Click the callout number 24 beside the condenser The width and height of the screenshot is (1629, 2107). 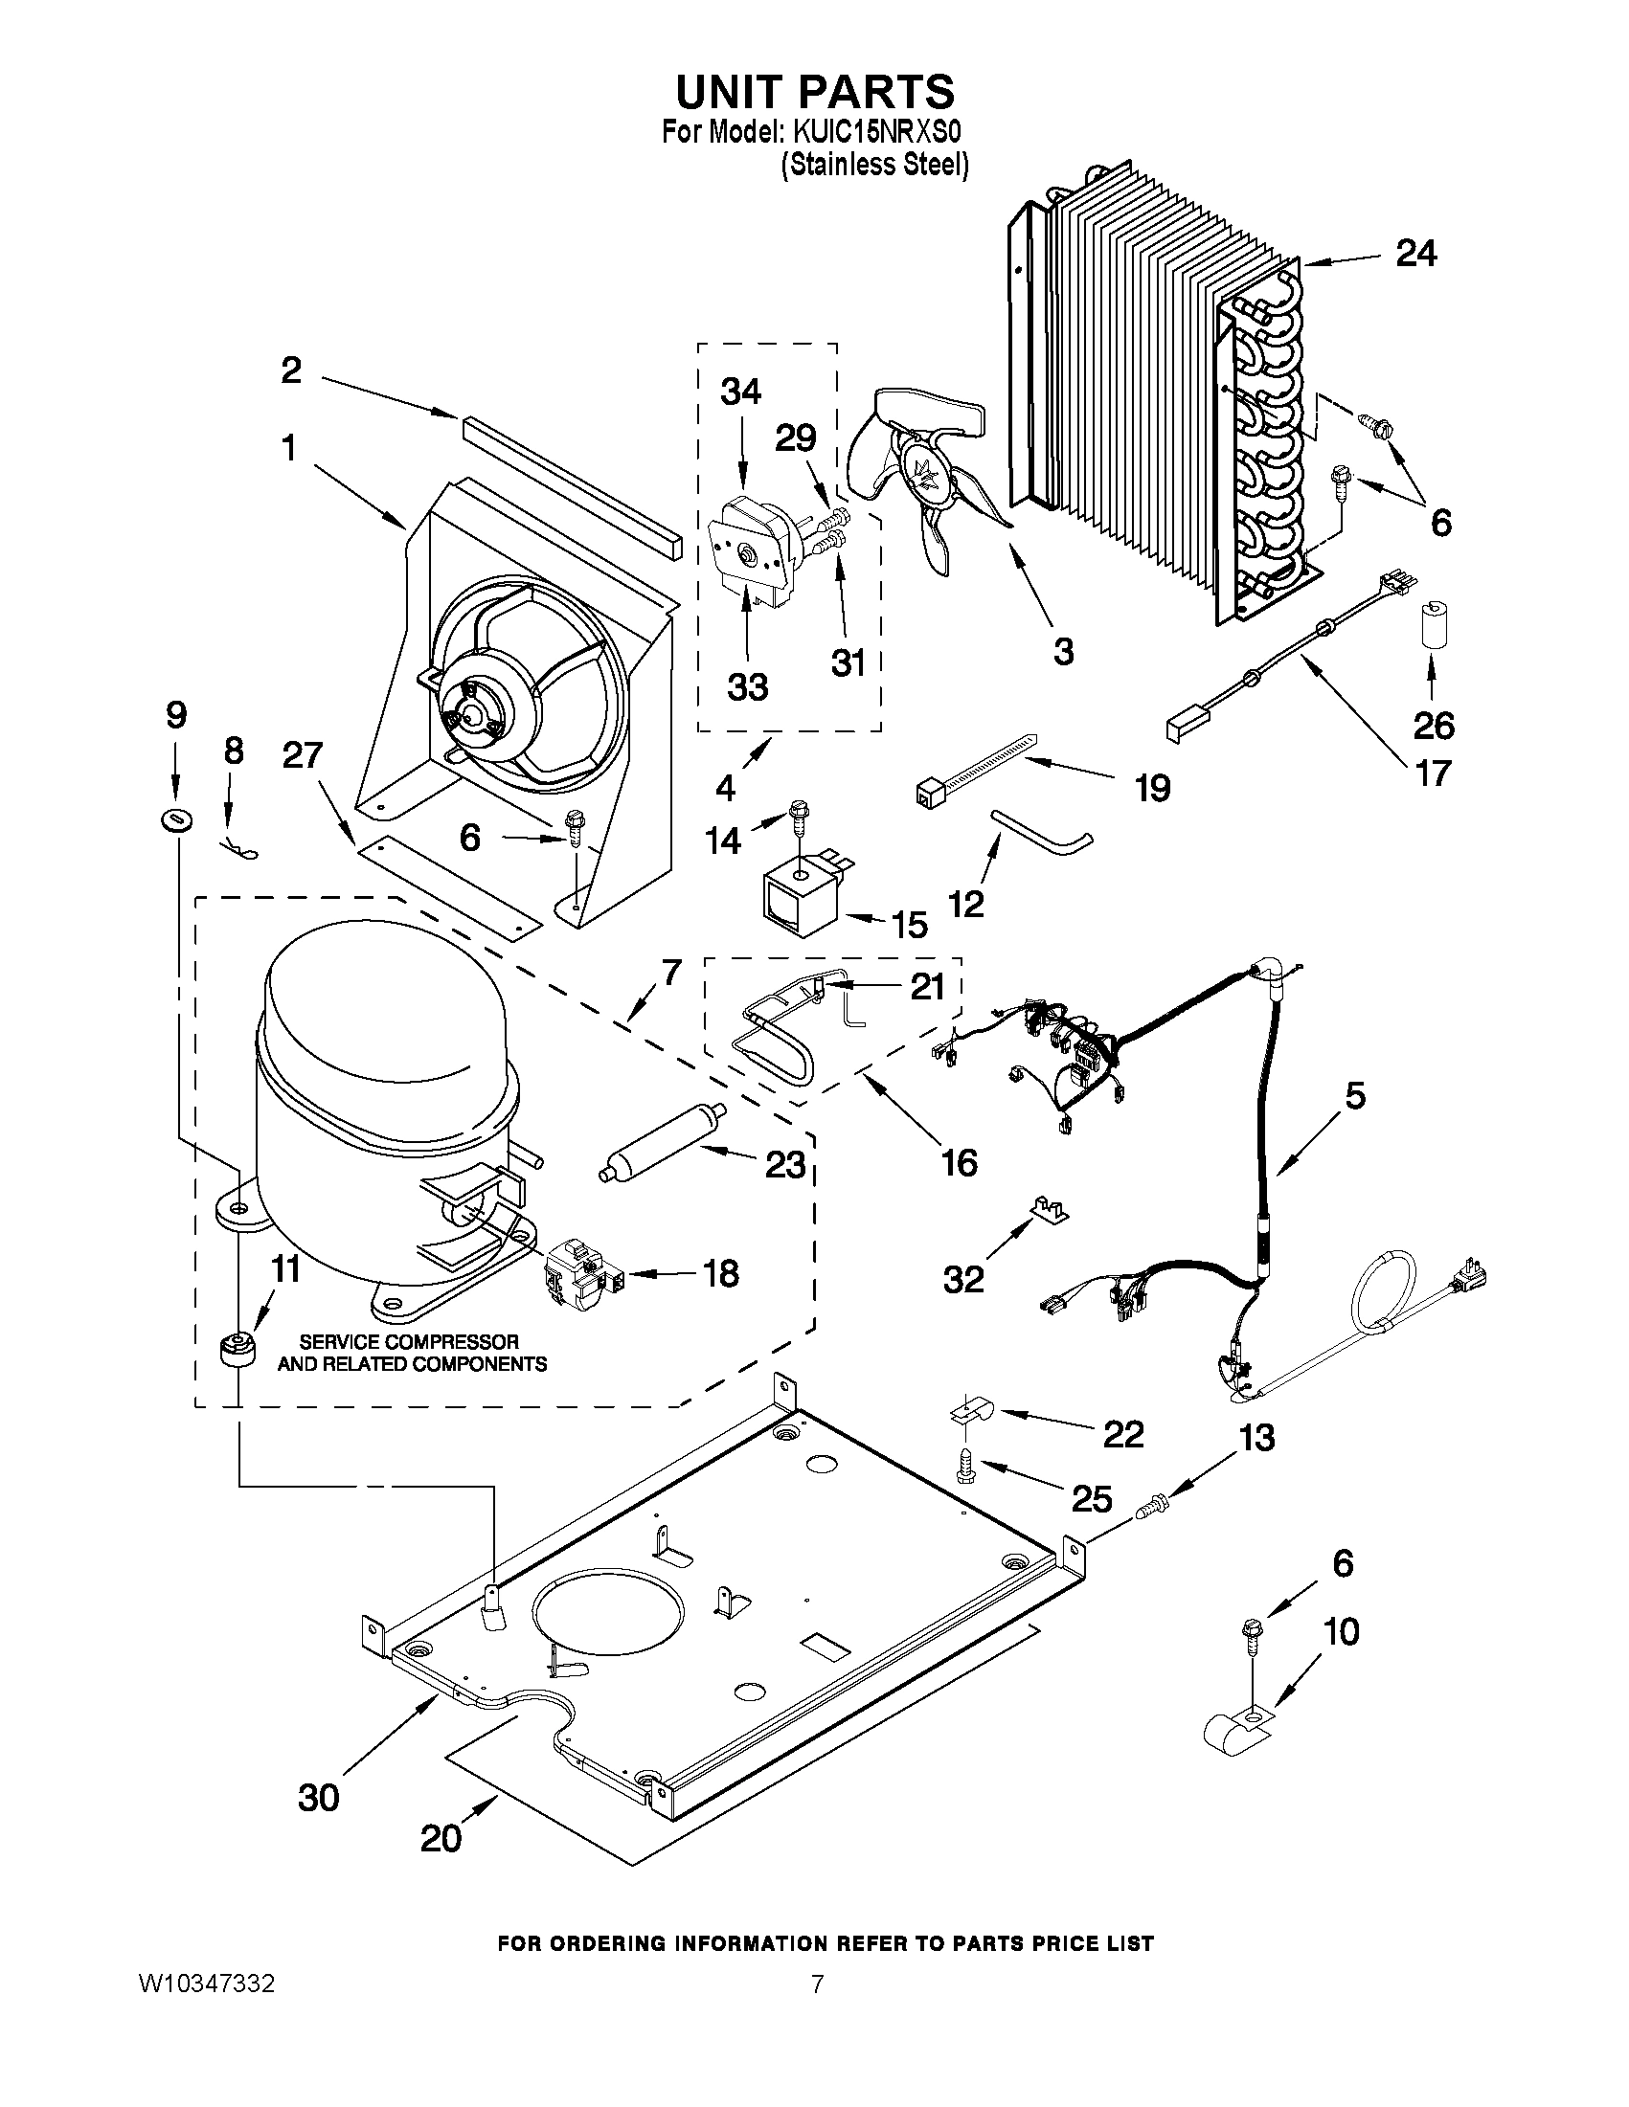[x=1415, y=254]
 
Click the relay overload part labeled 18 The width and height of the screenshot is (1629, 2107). [x=582, y=1272]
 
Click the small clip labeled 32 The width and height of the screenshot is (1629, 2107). [x=1049, y=1209]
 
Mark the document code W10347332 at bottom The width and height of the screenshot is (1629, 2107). [x=208, y=1984]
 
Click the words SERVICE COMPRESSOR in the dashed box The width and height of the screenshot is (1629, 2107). [x=409, y=1342]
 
